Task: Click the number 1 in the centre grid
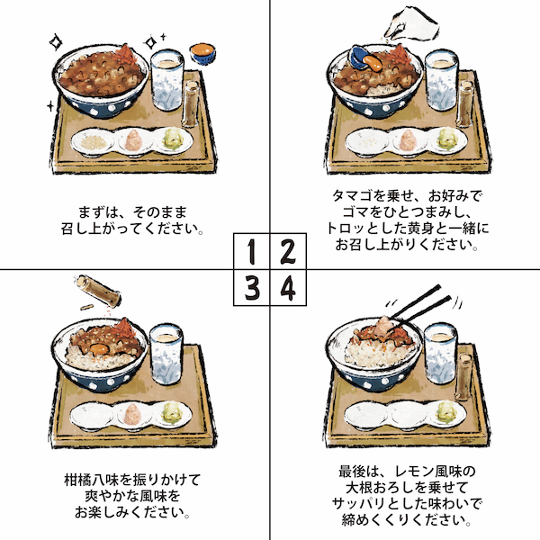252,251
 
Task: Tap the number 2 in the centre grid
288,251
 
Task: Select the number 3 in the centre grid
252,288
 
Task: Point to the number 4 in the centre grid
288,288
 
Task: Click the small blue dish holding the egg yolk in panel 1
202,53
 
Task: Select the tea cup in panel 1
167,79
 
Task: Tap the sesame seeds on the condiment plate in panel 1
93,142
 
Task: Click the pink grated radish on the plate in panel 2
408,140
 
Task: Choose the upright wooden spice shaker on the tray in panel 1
191,103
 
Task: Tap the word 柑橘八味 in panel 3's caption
92,480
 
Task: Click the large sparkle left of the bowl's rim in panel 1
56,42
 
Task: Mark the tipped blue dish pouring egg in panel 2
360,57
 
